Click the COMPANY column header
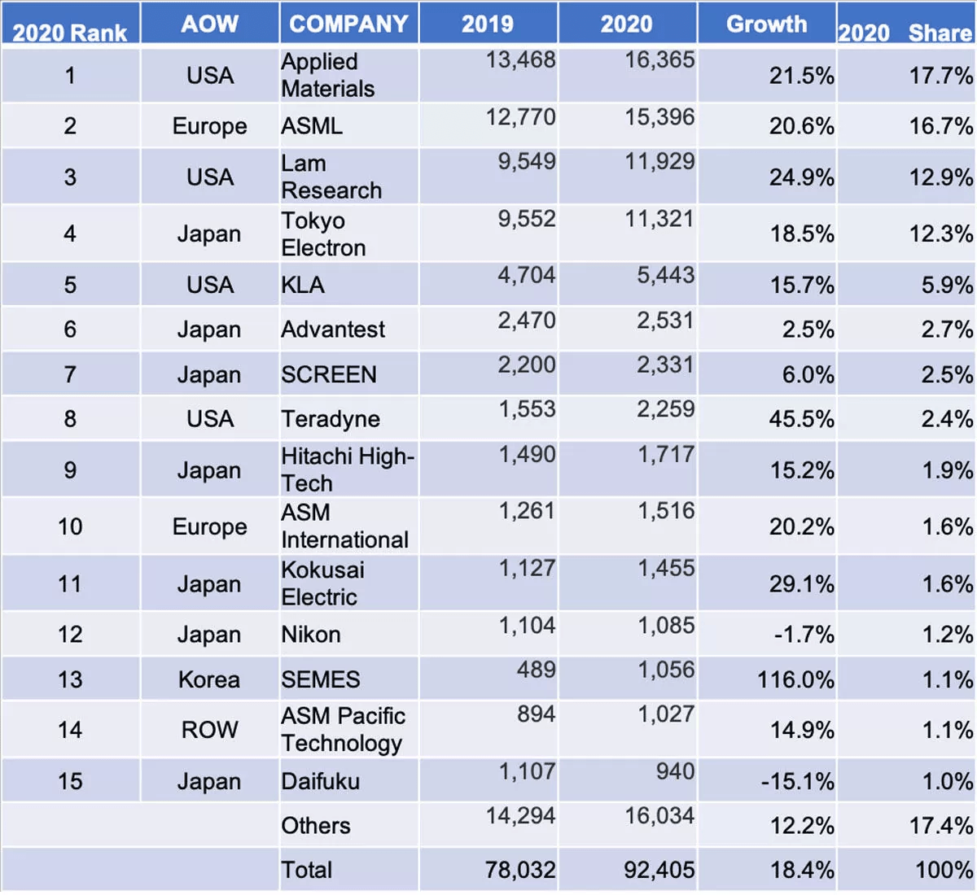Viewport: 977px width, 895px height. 348,24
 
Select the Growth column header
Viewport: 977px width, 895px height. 766,24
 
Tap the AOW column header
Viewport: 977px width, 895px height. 209,24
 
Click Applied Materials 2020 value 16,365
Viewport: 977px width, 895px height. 659,60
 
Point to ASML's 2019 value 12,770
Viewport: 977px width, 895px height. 520,117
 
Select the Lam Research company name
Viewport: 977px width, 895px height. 331,177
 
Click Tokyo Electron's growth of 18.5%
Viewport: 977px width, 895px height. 801,234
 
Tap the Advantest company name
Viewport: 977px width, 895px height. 333,330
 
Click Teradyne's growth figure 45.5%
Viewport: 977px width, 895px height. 801,420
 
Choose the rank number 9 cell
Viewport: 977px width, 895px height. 70,470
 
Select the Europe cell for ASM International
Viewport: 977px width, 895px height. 209,527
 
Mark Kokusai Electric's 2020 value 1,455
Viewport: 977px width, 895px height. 666,568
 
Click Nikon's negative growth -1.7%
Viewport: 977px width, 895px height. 804,635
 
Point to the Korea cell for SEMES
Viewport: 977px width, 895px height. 209,679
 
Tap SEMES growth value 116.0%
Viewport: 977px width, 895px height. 795,679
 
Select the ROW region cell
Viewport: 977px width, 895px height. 209,730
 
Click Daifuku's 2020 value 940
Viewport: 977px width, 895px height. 675,771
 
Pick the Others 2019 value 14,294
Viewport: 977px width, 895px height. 520,816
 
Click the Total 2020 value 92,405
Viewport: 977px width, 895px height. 659,871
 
